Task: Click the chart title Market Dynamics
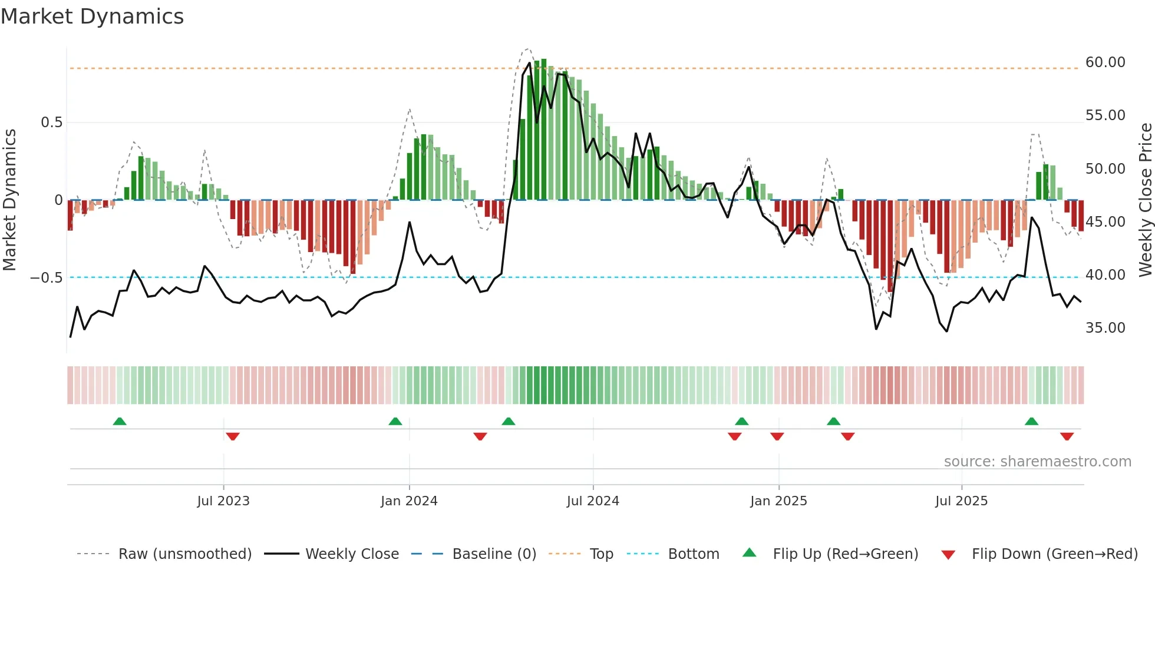click(x=92, y=16)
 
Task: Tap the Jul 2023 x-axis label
click(x=223, y=501)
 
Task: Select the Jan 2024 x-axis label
click(x=409, y=501)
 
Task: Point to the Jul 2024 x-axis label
click(x=593, y=501)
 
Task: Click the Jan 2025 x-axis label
click(x=778, y=501)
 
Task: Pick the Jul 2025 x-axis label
click(x=961, y=501)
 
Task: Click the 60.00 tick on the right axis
click(x=1105, y=62)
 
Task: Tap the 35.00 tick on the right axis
click(x=1105, y=328)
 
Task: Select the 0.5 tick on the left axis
click(x=51, y=122)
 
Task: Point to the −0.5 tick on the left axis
click(x=46, y=278)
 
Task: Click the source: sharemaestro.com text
click(x=1037, y=462)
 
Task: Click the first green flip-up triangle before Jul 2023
click(x=120, y=421)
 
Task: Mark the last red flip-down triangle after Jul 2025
click(x=1067, y=436)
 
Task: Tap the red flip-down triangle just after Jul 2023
click(x=233, y=436)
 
